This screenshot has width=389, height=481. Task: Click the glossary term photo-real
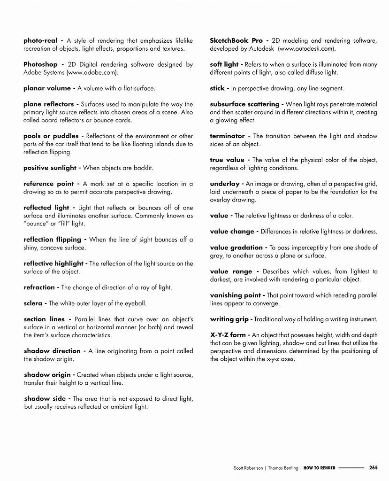pos(40,41)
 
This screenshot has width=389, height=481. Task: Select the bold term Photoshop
pos(40,64)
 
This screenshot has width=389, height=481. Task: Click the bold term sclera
pos(33,303)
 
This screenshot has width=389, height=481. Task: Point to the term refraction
pos(39,287)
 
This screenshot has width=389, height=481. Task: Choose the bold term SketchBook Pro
pos(236,41)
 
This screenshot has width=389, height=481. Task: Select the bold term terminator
pos(227,136)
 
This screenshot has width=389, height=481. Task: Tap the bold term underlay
pos(224,184)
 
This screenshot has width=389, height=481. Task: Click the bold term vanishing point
pos(235,295)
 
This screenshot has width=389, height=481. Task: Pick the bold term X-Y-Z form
pos(228,335)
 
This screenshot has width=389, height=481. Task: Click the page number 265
pos(374,467)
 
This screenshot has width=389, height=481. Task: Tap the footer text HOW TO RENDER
pos(319,468)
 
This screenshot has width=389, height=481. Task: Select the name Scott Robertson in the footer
pos(248,468)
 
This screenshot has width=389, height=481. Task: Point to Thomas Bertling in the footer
pos(282,468)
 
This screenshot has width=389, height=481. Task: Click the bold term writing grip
pos(229,319)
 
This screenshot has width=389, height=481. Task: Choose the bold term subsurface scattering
pos(244,104)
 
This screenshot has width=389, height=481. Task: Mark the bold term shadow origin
pos(47,375)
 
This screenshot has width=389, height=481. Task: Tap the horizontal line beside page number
pos(351,468)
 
